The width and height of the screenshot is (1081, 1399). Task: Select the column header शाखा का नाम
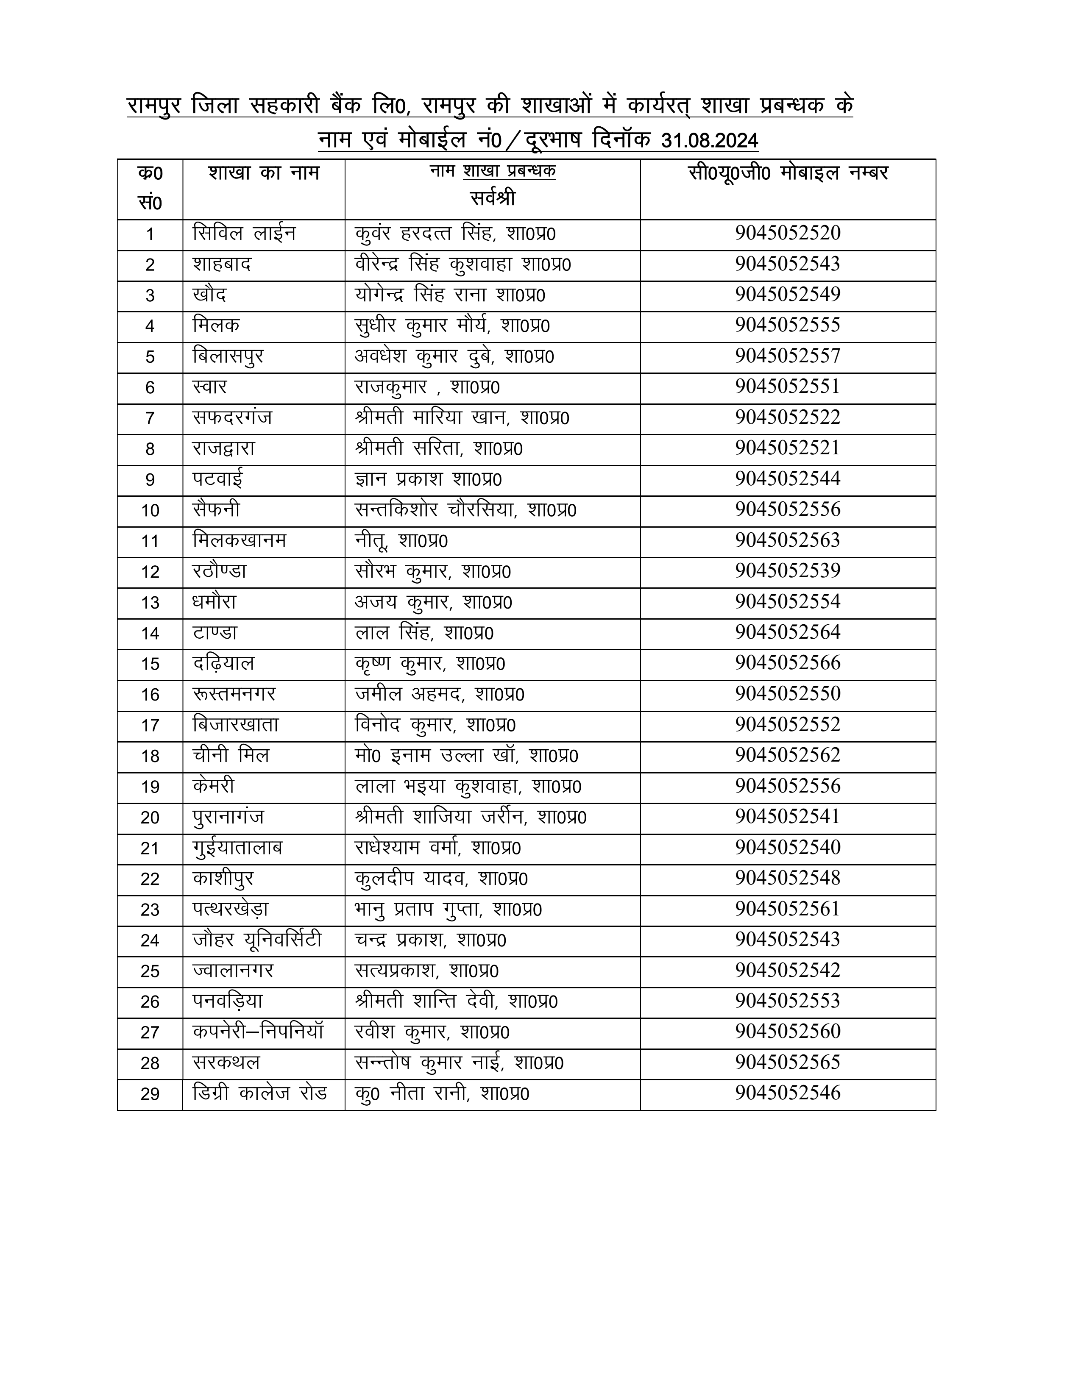point(263,173)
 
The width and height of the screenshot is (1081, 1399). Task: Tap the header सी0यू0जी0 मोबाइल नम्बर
point(788,173)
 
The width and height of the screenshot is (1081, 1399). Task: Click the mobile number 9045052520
point(788,233)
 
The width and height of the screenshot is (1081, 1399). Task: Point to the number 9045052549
point(788,295)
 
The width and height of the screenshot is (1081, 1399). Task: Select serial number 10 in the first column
point(150,511)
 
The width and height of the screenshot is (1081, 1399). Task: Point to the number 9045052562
point(788,755)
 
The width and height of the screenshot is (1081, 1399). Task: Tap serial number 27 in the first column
point(150,1032)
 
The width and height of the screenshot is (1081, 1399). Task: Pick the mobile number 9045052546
point(788,1093)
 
